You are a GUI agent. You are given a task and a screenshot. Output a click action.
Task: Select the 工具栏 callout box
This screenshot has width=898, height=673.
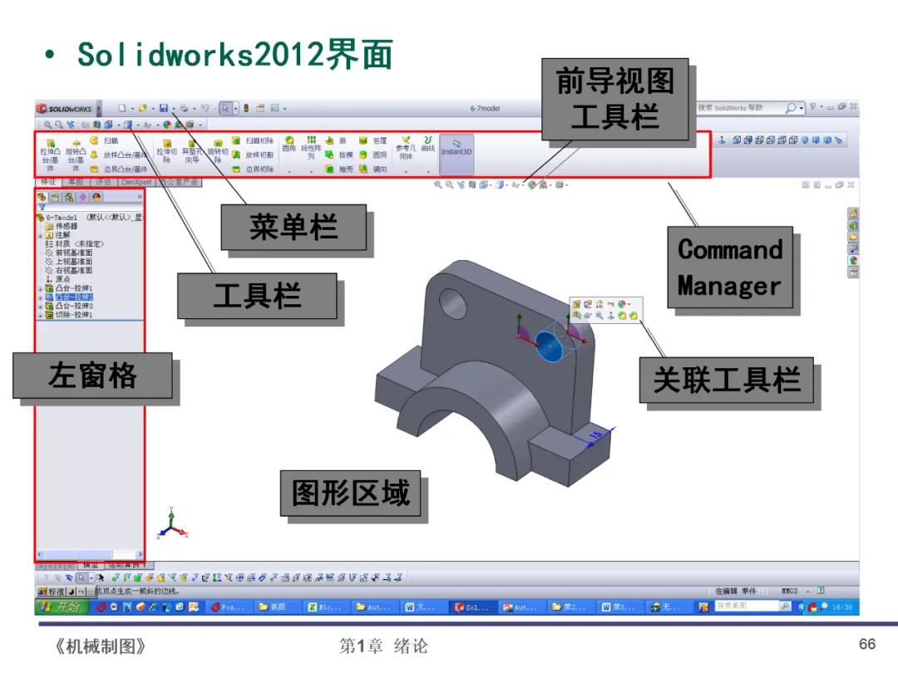[x=256, y=296]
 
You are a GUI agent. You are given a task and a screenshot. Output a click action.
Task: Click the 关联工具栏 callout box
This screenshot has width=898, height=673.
[x=726, y=381]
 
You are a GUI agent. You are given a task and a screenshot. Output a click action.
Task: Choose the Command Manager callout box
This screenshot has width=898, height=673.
[x=729, y=268]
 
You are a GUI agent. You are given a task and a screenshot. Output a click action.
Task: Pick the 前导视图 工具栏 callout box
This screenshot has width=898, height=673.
[x=614, y=98]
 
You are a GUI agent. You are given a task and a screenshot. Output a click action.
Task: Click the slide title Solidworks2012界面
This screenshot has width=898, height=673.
[x=234, y=55]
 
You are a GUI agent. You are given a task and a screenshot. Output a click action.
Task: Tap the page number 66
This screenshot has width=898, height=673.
[x=867, y=645]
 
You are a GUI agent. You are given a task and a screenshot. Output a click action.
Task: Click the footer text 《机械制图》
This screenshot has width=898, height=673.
[x=99, y=646]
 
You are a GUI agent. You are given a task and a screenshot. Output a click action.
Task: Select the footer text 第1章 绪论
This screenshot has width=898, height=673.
[x=383, y=646]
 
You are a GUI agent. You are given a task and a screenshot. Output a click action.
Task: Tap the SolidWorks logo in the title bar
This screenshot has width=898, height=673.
[x=65, y=109]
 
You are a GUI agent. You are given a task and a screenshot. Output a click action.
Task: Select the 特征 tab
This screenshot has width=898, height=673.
[x=49, y=181]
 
